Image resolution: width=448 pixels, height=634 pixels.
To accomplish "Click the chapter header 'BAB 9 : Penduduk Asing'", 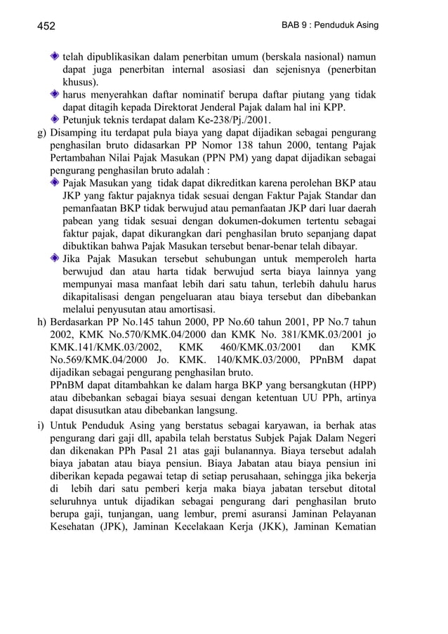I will tap(329, 25).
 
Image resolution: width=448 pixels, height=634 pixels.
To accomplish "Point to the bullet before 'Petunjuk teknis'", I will tap(55, 120).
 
